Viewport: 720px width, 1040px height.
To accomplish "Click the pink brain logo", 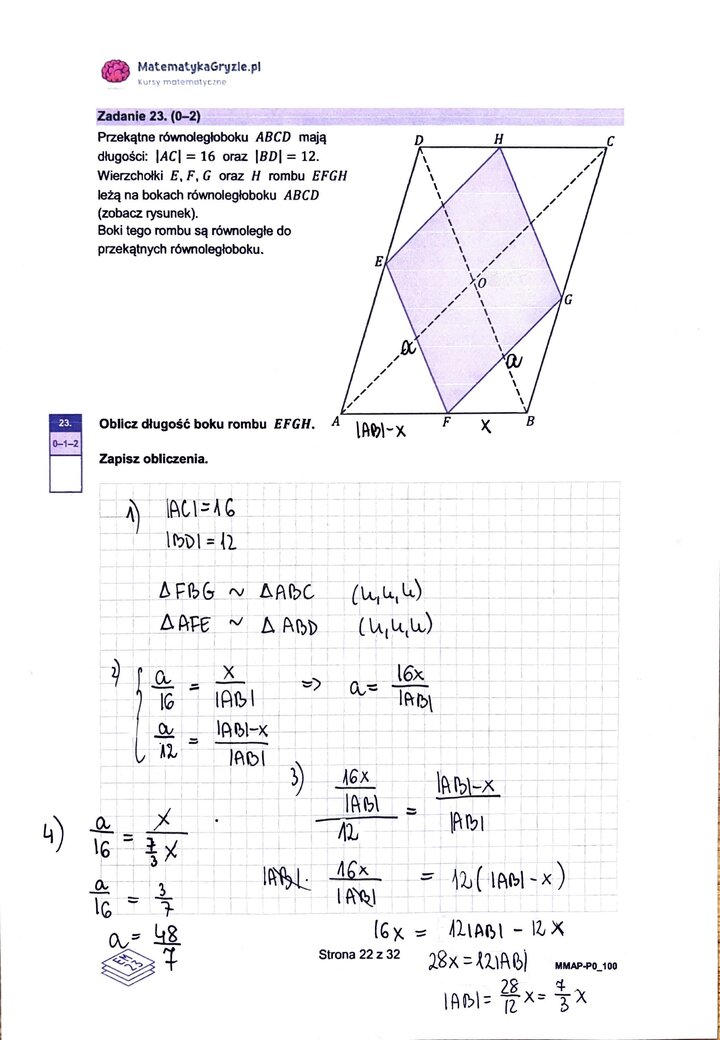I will [116, 71].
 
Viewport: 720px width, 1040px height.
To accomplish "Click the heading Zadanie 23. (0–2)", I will [150, 116].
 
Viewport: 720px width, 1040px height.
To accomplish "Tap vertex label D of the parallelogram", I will [419, 141].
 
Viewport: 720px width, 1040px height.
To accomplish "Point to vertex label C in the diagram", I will [610, 142].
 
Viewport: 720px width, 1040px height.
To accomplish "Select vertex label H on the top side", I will [498, 140].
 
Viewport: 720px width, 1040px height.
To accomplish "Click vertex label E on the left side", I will [379, 262].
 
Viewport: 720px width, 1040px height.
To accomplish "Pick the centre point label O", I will [481, 284].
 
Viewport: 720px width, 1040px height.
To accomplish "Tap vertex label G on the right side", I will [567, 298].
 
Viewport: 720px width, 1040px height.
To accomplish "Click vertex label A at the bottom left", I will [336, 422].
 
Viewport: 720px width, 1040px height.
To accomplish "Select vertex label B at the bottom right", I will [531, 422].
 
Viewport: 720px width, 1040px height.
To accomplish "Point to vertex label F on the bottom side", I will [447, 422].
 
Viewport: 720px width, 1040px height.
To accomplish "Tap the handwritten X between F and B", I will [486, 426].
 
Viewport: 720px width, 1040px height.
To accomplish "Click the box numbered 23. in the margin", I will [65, 422].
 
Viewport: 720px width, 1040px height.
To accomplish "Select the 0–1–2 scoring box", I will [65, 441].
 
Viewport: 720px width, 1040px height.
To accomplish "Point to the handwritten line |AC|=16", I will [201, 509].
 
